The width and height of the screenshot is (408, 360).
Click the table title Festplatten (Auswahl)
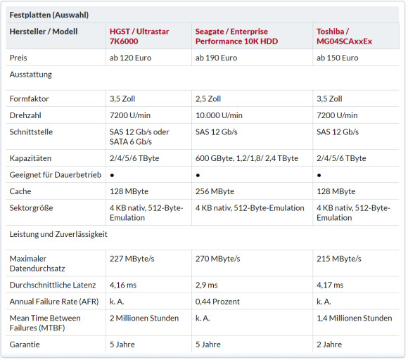click(x=49, y=15)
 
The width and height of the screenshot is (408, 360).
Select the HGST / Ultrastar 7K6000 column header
click(x=139, y=36)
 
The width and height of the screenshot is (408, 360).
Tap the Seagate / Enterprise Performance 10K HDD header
click(x=236, y=36)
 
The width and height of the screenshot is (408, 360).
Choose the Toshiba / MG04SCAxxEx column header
click(x=344, y=36)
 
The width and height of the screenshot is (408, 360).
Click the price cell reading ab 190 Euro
click(x=216, y=58)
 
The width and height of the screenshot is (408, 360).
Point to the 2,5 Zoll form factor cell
click(x=208, y=99)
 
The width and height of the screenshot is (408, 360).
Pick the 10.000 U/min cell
click(x=219, y=115)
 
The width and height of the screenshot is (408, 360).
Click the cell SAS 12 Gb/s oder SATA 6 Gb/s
click(x=139, y=136)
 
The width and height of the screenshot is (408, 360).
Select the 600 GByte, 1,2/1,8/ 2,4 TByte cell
click(x=247, y=158)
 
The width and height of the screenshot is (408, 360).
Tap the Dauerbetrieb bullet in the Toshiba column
click(x=319, y=175)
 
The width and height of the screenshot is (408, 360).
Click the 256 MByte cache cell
click(x=215, y=191)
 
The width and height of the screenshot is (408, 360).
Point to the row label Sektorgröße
click(x=31, y=208)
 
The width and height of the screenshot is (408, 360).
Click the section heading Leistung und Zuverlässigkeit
click(x=58, y=234)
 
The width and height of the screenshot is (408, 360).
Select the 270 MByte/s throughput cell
click(x=218, y=259)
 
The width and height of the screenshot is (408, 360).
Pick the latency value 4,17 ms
click(x=330, y=285)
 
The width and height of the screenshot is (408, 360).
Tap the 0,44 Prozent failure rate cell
click(x=217, y=302)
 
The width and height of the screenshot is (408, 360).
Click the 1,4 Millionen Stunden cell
click(x=354, y=318)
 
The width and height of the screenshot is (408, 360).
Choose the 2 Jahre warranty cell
click(x=329, y=345)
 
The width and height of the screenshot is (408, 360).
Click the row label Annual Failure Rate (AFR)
click(x=54, y=302)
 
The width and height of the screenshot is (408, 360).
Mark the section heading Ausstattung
click(x=31, y=75)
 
